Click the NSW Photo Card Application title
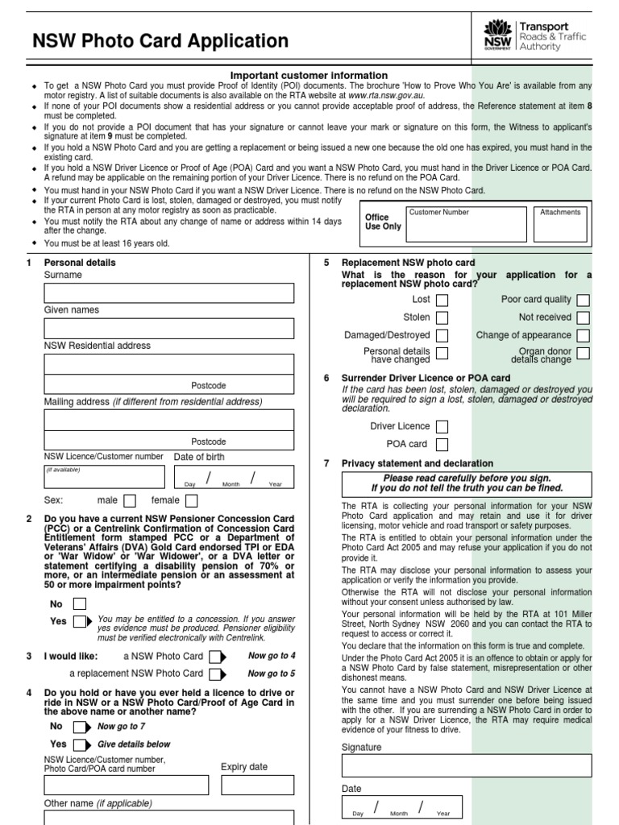coord(160,41)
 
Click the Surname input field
coord(169,293)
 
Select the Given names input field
coord(169,328)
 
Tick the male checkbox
coord(130,501)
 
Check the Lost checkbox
coord(442,300)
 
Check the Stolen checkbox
coord(442,317)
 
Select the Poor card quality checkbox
coord(583,300)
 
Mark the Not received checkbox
coord(583,317)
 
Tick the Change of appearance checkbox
coord(583,335)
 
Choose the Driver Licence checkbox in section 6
coord(442,426)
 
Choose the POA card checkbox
coord(442,444)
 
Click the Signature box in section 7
coord(467,765)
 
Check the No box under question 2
coord(80,603)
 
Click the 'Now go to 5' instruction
coord(272,674)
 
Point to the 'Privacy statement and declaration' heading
coord(418,463)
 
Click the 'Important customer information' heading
coord(309,76)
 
